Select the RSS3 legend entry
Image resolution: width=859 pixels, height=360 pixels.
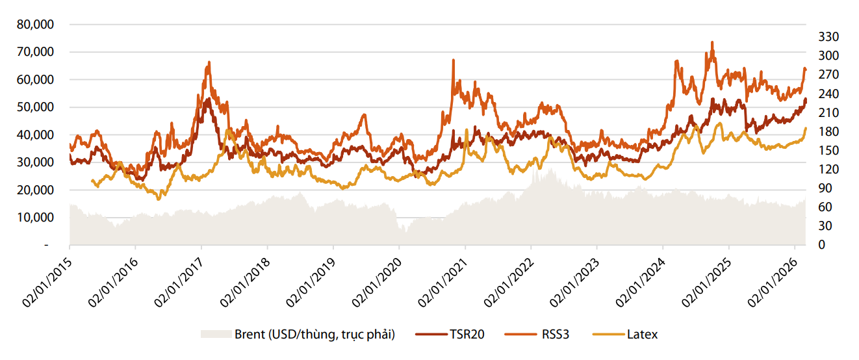(x=554, y=335)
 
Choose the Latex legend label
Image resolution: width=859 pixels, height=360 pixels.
(x=642, y=335)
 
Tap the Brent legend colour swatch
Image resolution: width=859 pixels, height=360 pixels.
(x=216, y=335)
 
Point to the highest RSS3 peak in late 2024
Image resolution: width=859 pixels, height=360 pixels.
(x=712, y=42)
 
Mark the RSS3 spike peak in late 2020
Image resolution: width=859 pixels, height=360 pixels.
(x=453, y=60)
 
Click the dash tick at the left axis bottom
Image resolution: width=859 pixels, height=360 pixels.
(x=46, y=246)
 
